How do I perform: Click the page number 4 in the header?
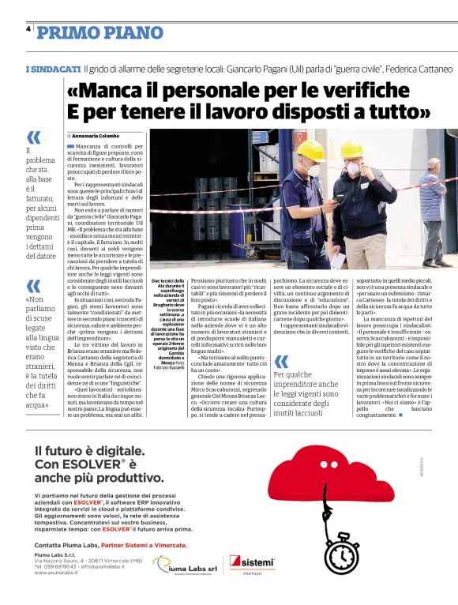tap(28, 28)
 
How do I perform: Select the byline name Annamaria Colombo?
tap(99, 136)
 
